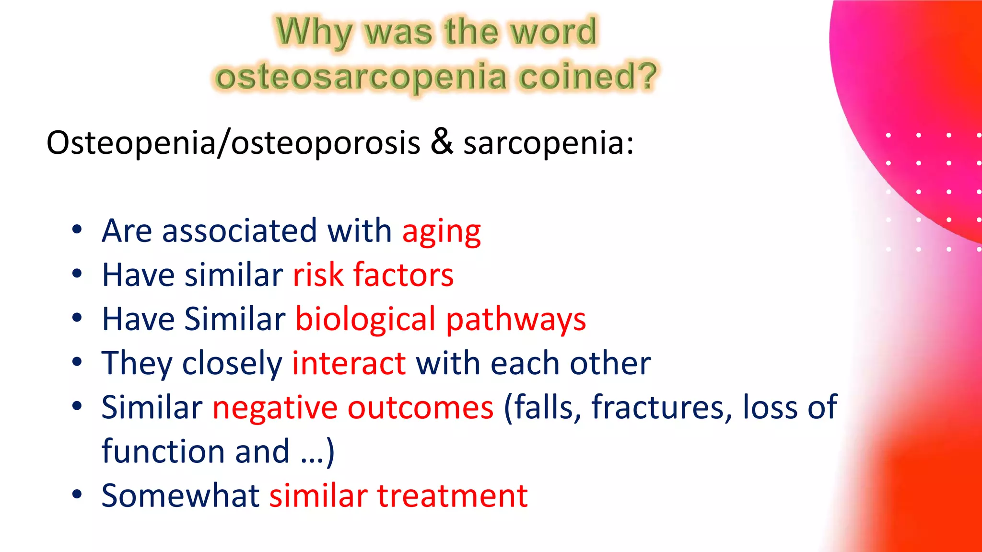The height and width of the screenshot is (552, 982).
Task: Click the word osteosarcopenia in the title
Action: [361, 77]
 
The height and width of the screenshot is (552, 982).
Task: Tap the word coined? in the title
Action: [588, 77]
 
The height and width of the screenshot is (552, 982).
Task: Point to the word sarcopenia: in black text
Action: [548, 143]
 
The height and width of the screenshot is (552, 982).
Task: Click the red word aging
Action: [441, 232]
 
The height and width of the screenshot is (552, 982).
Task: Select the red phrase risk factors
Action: [373, 275]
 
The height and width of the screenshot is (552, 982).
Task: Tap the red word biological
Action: [365, 319]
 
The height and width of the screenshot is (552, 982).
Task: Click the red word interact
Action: [349, 363]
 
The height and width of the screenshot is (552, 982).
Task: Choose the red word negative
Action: [275, 408]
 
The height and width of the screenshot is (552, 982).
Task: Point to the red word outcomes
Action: [421, 408]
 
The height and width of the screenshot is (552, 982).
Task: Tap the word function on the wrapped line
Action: [162, 451]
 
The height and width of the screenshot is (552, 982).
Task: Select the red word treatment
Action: [453, 495]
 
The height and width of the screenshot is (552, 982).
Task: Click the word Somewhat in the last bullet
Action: [180, 495]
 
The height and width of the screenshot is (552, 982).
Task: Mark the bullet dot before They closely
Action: [77, 362]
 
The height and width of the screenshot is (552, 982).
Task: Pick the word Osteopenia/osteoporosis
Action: [233, 143]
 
